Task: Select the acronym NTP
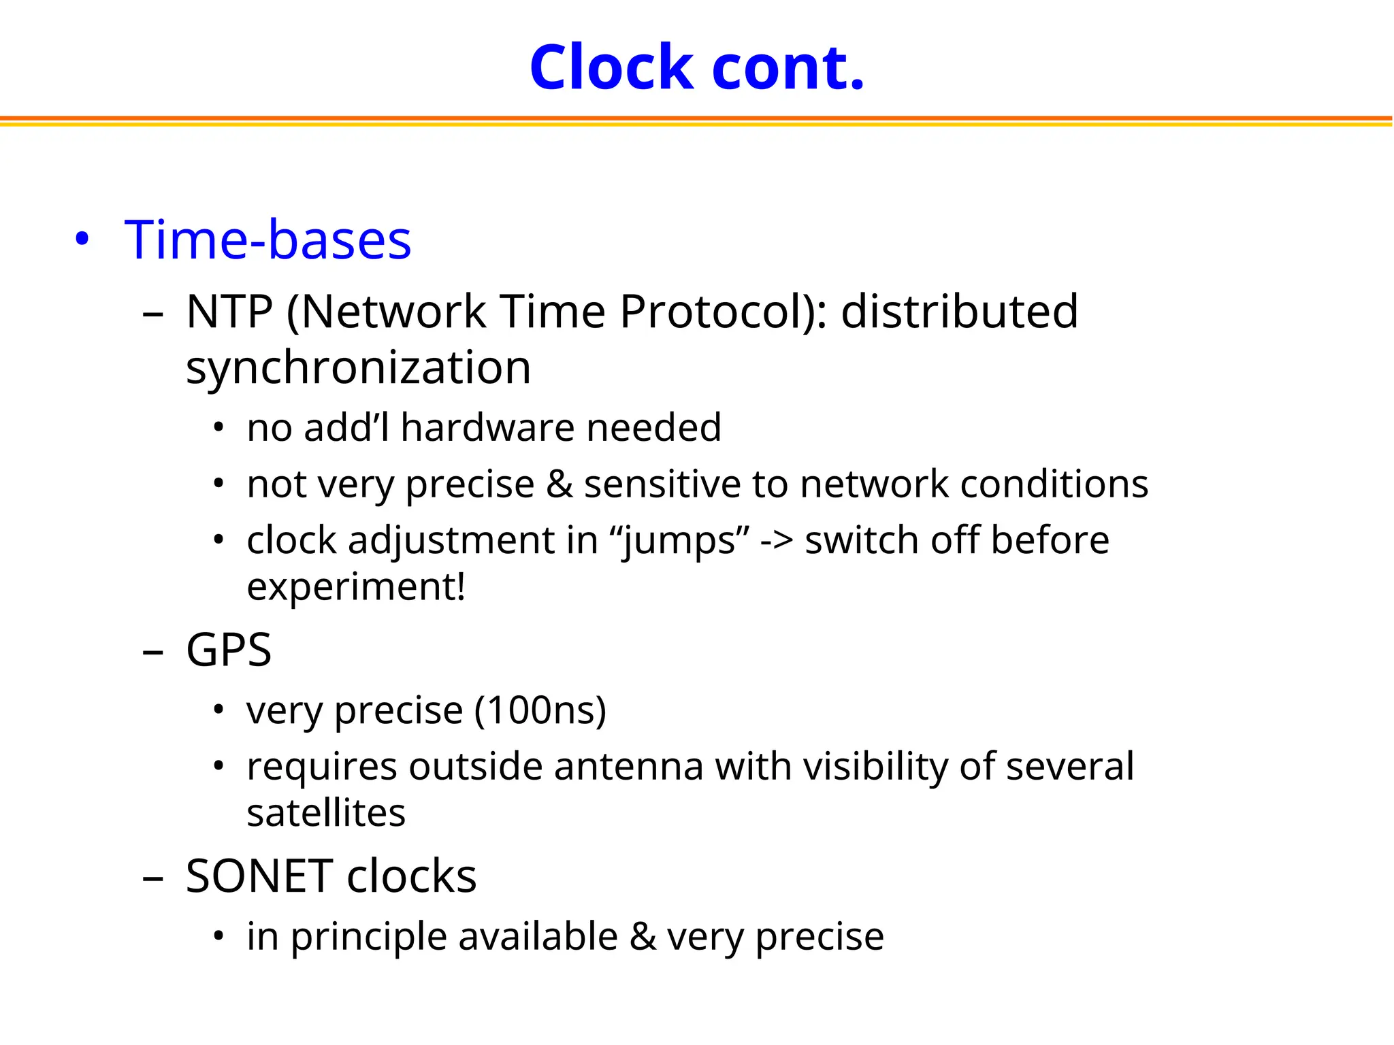(229, 312)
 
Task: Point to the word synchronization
(358, 367)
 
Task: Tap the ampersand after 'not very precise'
(560, 484)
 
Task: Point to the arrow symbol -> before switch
(777, 541)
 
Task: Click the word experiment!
(356, 586)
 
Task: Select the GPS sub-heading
(229, 650)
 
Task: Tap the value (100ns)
(540, 710)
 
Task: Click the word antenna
(628, 767)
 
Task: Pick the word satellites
(326, 813)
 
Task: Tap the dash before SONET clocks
(153, 878)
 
